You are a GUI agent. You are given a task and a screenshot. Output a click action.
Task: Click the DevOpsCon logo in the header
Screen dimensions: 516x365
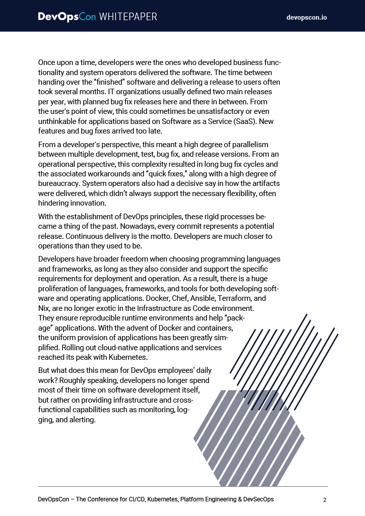(67, 17)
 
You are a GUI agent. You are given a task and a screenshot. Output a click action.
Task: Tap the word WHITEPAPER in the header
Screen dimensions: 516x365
(128, 17)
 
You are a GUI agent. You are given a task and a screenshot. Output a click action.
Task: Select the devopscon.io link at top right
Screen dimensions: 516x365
(307, 17)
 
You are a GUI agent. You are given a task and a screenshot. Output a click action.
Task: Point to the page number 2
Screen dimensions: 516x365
(325, 500)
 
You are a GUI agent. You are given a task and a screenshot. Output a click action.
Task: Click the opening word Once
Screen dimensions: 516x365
(48, 63)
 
